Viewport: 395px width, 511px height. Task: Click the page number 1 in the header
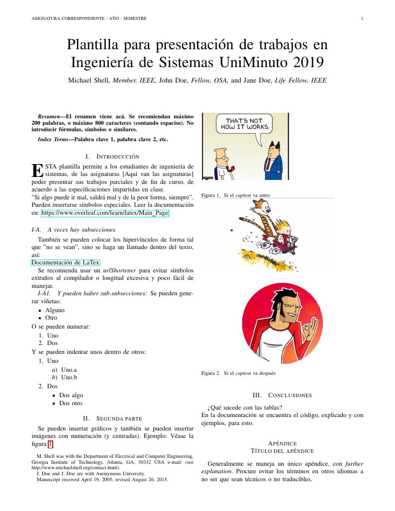[x=362, y=19]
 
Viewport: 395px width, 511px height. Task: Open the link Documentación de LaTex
[x=66, y=262]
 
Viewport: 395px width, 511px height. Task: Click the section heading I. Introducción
[x=112, y=157]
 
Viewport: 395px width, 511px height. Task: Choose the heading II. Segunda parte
[x=112, y=419]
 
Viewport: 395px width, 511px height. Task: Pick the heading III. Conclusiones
[x=282, y=395]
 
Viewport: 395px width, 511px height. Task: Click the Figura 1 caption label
[x=211, y=195]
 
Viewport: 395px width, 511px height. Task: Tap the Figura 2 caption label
[x=211, y=373]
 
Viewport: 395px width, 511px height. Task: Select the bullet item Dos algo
[x=71, y=395]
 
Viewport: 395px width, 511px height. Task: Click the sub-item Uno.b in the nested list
[x=69, y=377]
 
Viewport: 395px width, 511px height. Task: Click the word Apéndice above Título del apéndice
[x=282, y=443]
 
